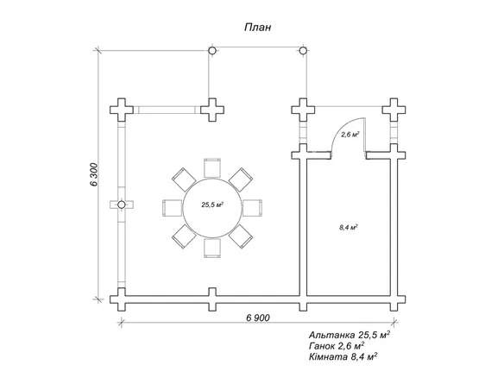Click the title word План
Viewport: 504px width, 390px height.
point(258,28)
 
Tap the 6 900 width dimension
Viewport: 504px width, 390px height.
point(258,318)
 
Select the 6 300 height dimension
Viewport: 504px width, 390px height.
point(93,174)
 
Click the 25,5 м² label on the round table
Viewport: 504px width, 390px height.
point(212,204)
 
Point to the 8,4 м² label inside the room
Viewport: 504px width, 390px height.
point(349,228)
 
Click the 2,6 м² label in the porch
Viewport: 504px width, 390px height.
point(350,135)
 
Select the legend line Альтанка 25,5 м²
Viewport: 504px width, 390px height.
point(350,335)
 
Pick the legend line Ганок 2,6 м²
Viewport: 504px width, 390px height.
point(337,346)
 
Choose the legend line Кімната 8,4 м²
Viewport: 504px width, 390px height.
point(343,357)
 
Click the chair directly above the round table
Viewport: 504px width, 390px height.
point(212,167)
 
